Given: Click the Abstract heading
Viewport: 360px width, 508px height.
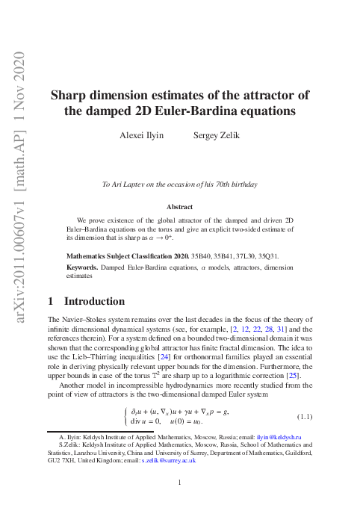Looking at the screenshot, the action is [180, 207].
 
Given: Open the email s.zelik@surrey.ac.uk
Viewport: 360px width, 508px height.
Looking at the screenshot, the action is [173, 461].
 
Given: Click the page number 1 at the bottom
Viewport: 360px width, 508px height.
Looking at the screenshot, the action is [180, 482].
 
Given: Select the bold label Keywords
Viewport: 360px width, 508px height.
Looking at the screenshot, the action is [82, 267].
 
